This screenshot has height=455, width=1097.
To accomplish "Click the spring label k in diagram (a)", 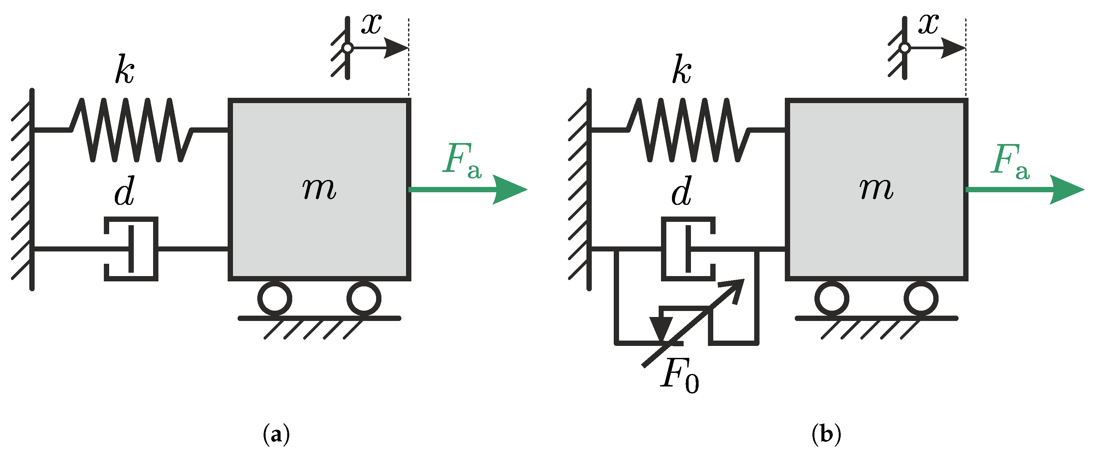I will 125,70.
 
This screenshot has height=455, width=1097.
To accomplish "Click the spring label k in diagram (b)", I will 681,70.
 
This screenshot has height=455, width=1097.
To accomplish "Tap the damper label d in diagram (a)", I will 125,191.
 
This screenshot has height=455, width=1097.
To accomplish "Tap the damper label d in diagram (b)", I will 681,191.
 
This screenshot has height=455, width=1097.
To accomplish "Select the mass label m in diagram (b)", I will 876,189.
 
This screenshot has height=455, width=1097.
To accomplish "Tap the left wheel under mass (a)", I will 275,298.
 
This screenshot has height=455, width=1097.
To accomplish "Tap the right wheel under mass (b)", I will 921,298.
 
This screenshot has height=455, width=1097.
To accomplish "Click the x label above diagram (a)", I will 371,24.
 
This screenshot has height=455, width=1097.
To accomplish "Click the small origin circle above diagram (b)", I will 905,48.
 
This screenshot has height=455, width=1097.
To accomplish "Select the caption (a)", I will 276,434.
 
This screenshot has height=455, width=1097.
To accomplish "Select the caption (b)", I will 826,434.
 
